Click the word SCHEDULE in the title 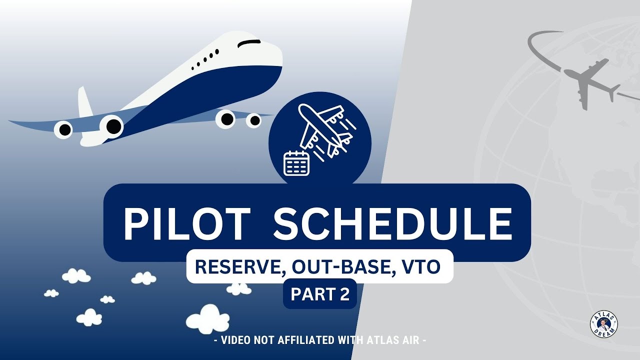(392, 223)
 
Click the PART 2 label (320, 294)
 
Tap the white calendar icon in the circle (296, 163)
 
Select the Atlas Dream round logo (603, 323)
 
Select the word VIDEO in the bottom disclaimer (235, 340)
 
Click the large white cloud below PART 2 (208, 318)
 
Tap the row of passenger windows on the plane (205, 58)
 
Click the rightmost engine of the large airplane (254, 120)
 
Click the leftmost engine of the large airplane (63, 129)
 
